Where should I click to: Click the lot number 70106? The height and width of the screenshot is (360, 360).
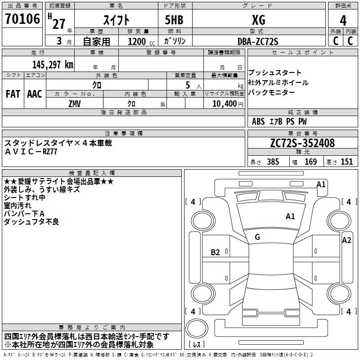22,19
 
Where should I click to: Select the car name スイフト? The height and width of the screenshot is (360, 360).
118,20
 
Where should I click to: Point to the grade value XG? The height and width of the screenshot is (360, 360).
258,20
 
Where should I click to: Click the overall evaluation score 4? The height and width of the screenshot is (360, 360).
343,20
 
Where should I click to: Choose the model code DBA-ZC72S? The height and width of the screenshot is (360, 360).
258,41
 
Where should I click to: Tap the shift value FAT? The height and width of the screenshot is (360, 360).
13,94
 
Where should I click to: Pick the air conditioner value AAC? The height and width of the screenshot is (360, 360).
35,94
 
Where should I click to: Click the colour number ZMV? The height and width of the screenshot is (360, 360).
74,103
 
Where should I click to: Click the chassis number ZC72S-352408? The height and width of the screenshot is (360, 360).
302,143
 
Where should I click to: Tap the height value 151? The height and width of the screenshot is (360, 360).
346,162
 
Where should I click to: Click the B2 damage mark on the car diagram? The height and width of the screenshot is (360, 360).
216,252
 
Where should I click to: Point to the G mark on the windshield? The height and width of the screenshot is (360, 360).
257,237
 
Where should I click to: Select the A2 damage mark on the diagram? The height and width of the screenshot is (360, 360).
346,240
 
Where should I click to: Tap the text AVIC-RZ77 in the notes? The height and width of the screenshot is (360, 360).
31,152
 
